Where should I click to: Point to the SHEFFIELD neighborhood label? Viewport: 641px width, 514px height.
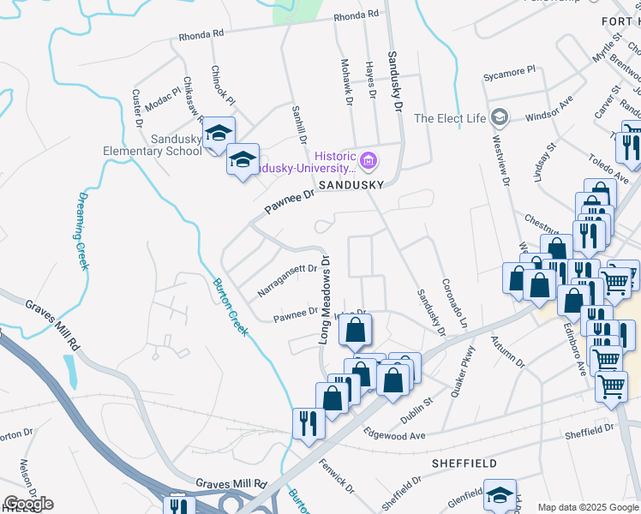tap(464, 463)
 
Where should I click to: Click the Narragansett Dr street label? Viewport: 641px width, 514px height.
tap(288, 281)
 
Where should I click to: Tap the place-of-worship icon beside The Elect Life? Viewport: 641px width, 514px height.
tap(500, 117)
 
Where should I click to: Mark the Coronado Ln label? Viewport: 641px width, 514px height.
tap(452, 302)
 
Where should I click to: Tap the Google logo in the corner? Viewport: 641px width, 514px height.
tap(28, 504)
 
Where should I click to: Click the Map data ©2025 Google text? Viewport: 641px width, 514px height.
tap(587, 507)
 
